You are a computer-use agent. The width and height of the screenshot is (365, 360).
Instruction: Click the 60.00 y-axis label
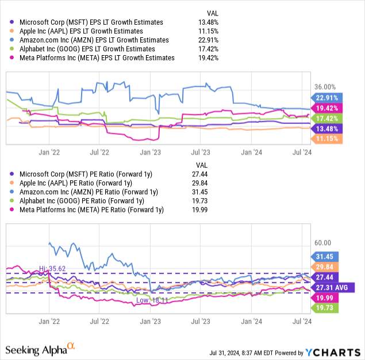tap(323, 242)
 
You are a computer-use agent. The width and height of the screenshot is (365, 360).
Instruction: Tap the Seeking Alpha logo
tap(40, 349)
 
